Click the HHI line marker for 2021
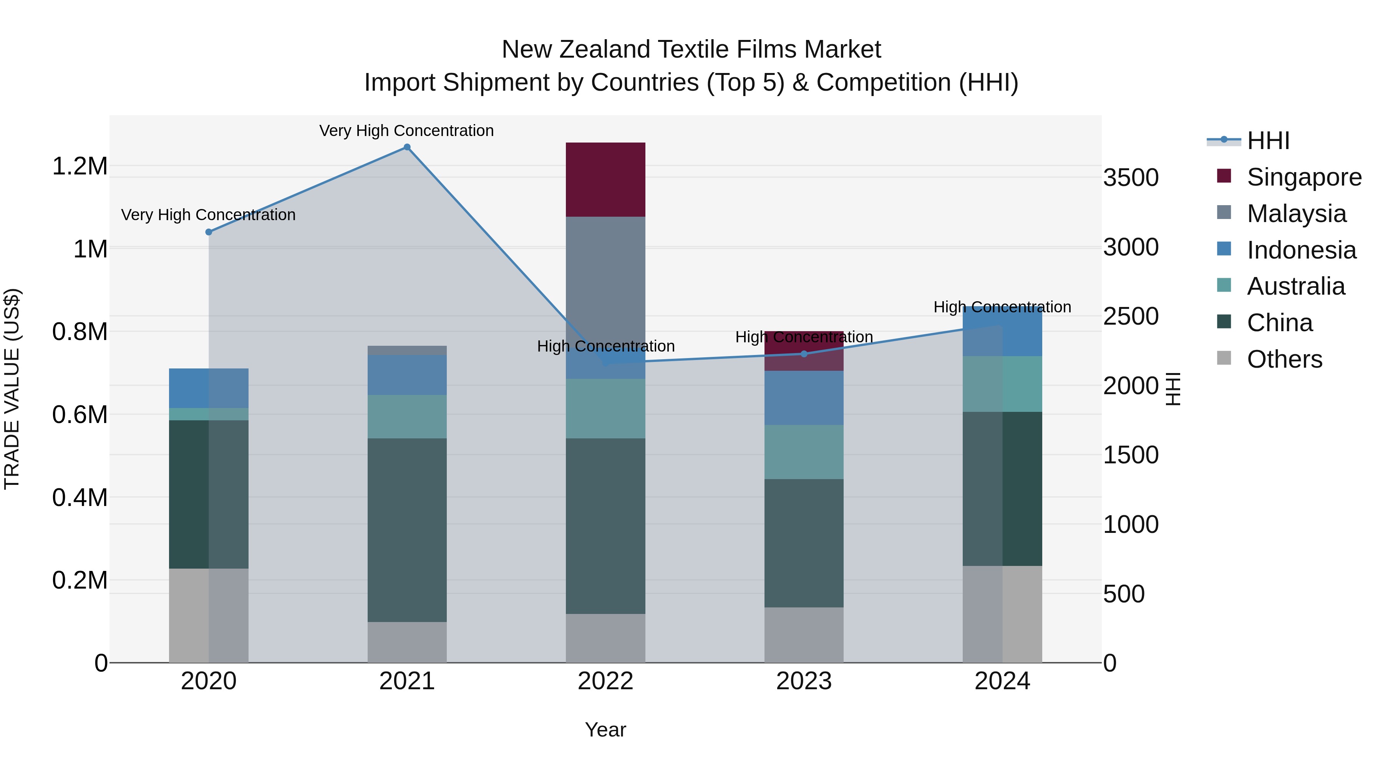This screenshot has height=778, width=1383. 407,147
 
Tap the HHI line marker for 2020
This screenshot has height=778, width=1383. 209,232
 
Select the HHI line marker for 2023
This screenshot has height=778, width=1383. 804,354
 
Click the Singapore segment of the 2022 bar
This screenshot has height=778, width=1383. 605,179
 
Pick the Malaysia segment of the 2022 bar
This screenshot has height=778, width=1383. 605,279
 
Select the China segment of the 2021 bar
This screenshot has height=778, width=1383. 407,529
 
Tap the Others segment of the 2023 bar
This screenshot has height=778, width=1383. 804,635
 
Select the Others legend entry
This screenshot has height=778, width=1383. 1284,359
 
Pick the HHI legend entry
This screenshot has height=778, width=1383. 1268,141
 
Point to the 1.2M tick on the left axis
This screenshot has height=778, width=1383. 80,166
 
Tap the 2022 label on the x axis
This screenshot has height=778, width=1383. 605,681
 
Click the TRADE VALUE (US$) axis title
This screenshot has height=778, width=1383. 12,389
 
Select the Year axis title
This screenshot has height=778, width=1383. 605,730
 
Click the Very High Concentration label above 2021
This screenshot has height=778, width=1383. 406,131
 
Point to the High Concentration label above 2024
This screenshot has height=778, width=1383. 1002,307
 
